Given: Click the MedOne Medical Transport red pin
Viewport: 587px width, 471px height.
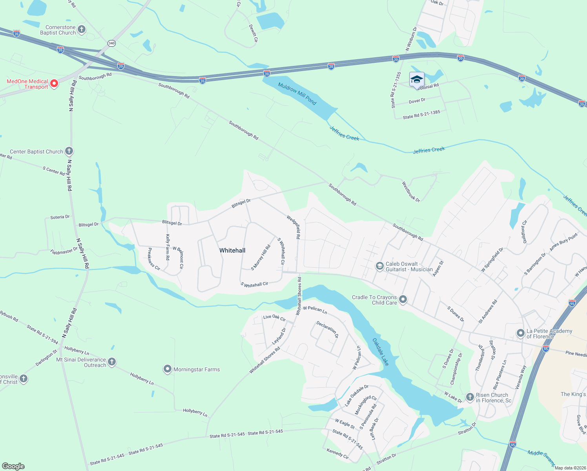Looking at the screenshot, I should click(54, 84).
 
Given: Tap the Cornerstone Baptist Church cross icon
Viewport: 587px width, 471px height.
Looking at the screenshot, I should click(82, 29).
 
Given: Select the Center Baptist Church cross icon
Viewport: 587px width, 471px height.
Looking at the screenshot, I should click(69, 151).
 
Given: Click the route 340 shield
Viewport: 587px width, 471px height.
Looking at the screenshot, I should click(112, 43).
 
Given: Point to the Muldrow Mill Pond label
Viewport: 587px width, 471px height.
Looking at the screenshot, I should click(297, 93).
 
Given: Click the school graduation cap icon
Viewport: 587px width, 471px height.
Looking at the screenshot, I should click(417, 80).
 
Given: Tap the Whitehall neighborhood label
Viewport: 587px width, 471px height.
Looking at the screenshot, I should click(232, 250).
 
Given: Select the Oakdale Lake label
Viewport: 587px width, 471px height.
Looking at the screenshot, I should click(380, 352).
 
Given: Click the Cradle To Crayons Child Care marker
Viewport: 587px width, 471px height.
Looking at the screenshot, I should click(403, 300).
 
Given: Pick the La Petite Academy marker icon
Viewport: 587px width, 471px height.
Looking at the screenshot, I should click(520, 334).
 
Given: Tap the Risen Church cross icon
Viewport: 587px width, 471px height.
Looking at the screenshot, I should click(470, 398).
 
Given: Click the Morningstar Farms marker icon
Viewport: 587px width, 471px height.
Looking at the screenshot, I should click(168, 369).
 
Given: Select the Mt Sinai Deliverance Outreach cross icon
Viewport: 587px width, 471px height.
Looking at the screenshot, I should click(112, 362).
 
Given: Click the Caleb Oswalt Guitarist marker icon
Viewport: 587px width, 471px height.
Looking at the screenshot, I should click(379, 267).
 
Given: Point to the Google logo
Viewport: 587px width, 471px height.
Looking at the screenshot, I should click(13, 466).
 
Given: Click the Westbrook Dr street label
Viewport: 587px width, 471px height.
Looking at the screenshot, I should click(410, 192).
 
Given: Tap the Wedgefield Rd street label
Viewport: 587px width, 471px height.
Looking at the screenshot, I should click(293, 227).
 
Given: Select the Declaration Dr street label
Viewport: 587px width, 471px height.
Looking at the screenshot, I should click(327, 330).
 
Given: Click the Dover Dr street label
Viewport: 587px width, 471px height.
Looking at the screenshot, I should click(417, 101).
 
